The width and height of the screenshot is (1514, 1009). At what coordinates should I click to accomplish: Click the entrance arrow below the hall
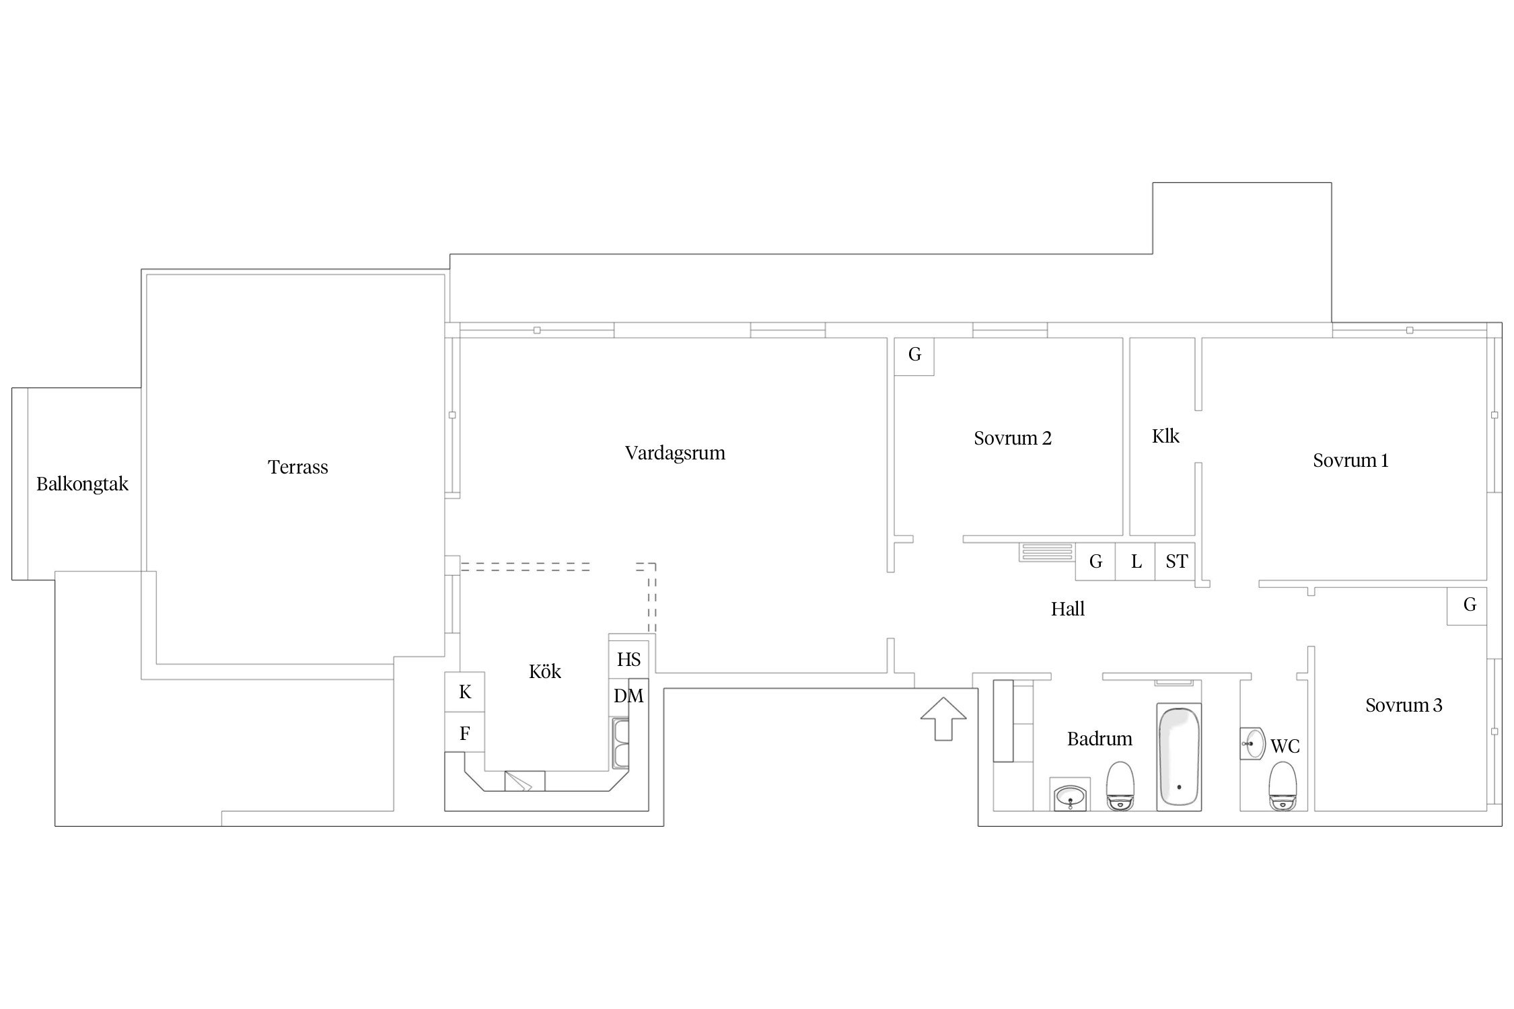tap(943, 718)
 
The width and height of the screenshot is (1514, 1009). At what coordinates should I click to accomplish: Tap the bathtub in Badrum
tap(1178, 757)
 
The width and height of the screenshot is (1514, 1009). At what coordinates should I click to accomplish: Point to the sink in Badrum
tap(1070, 794)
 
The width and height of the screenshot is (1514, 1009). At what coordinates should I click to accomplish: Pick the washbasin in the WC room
tap(1253, 743)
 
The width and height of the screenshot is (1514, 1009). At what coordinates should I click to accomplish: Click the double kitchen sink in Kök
tap(620, 743)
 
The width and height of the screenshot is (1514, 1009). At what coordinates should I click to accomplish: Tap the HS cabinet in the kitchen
tap(628, 659)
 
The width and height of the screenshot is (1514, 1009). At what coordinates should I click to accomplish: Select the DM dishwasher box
tap(628, 696)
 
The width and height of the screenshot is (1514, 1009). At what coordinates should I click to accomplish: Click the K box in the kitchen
tap(464, 692)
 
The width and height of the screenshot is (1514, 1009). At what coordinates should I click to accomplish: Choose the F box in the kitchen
tap(464, 733)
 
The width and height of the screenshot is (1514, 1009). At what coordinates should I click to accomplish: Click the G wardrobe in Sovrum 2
tap(914, 355)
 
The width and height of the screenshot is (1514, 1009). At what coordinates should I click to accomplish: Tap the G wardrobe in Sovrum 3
tap(1470, 605)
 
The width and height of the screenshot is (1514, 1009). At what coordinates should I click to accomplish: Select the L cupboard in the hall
tap(1136, 561)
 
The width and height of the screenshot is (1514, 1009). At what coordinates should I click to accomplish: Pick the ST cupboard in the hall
tap(1176, 561)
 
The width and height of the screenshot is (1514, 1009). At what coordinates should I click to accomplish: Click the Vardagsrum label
tap(675, 453)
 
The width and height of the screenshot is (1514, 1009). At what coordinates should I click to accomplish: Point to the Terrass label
tap(297, 467)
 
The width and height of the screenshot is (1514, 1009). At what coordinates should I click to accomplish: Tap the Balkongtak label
tap(82, 484)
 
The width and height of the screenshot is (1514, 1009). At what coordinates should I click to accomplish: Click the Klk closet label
tap(1165, 437)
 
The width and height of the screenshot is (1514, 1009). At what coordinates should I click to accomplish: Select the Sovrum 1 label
tap(1350, 461)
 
